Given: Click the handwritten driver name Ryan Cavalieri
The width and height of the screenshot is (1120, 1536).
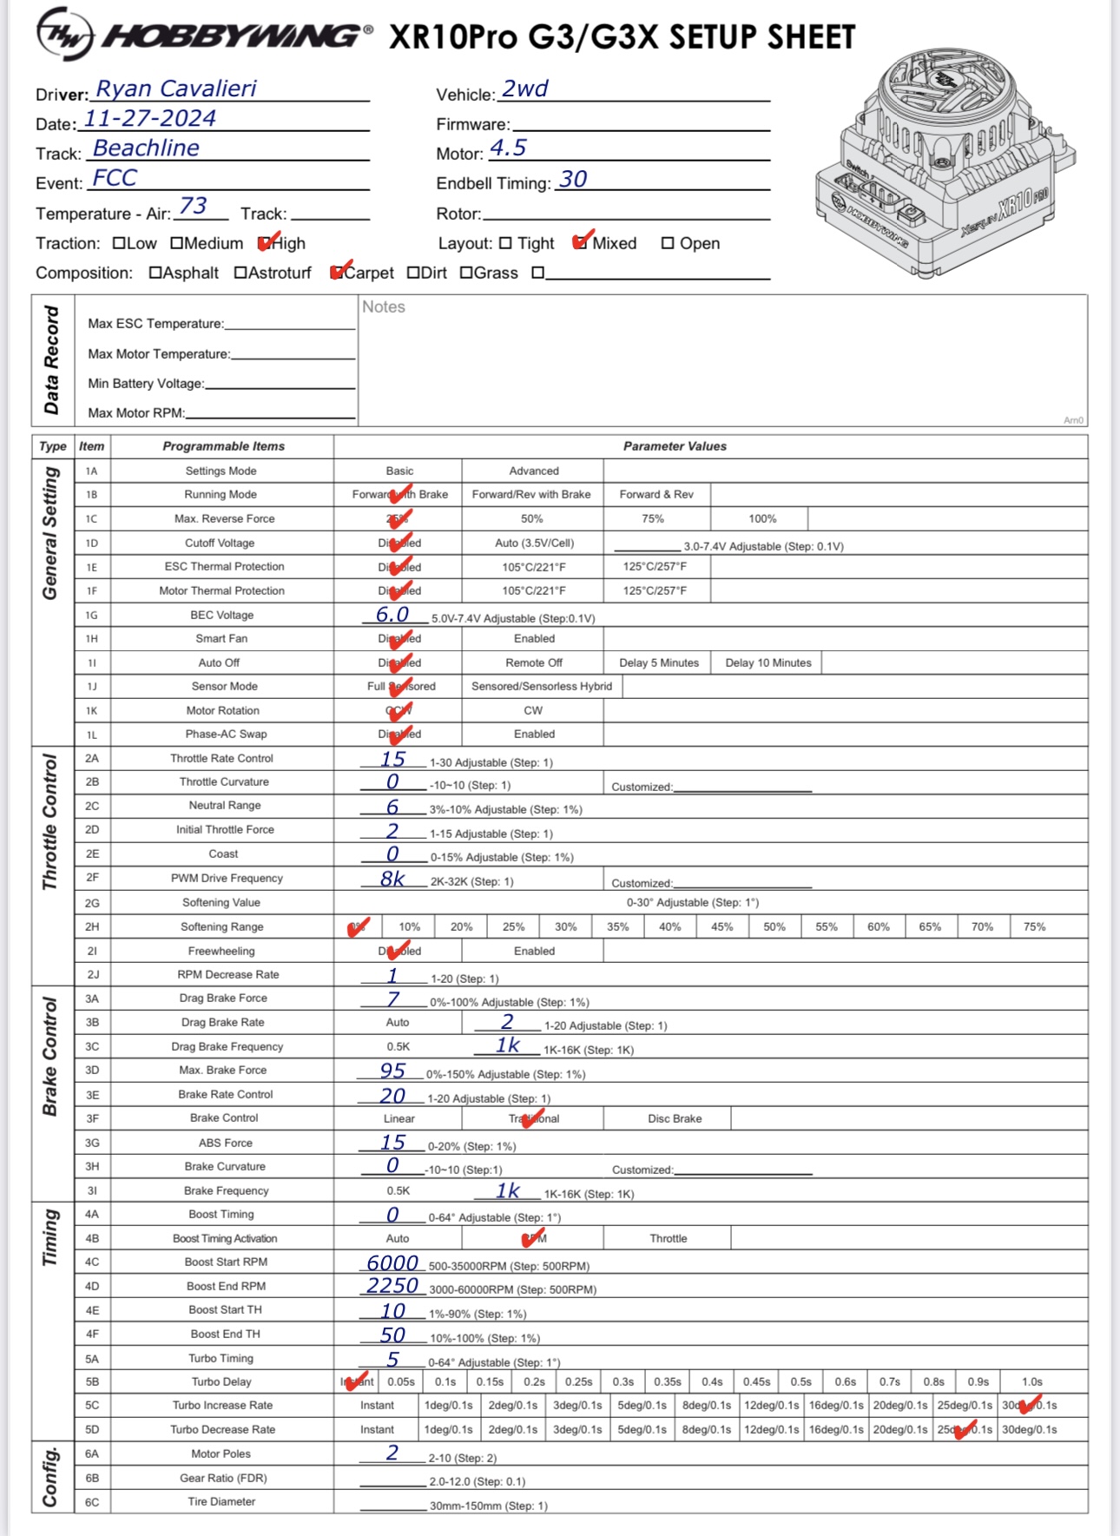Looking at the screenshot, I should [x=175, y=89].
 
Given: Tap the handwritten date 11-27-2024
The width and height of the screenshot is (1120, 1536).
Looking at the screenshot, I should [x=149, y=119].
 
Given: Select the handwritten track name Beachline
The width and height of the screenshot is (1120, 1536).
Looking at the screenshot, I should [x=146, y=148].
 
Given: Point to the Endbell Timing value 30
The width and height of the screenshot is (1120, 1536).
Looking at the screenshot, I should [x=573, y=180].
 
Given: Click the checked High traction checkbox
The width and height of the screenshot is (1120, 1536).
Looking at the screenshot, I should [x=265, y=244].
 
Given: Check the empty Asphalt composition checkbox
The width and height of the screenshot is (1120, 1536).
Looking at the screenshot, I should [x=155, y=274].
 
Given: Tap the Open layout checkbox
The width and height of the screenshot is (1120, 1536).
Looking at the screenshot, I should [x=668, y=244].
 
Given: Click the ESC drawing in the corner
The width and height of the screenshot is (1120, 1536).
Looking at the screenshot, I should [x=945, y=162].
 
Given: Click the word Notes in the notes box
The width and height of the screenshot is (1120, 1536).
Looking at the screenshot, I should [x=384, y=307].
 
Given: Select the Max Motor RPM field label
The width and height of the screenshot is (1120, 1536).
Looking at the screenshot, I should [x=136, y=413].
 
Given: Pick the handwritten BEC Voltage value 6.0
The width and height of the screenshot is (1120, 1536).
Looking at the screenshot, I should [x=392, y=615].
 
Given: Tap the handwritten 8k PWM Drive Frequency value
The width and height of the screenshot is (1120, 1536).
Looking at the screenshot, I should [x=392, y=879].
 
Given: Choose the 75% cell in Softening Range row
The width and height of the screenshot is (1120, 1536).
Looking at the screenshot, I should [x=1034, y=927].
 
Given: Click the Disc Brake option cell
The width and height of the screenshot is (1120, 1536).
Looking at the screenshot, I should [x=675, y=1119].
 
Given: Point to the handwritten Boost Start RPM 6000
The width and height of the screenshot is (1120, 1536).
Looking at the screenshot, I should [x=392, y=1263].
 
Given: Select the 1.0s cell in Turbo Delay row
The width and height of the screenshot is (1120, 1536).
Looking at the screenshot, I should [x=1031, y=1382].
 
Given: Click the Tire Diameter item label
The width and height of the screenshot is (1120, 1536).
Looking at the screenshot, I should [x=221, y=1502].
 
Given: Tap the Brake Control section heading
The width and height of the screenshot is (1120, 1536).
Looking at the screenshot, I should [x=51, y=1057].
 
